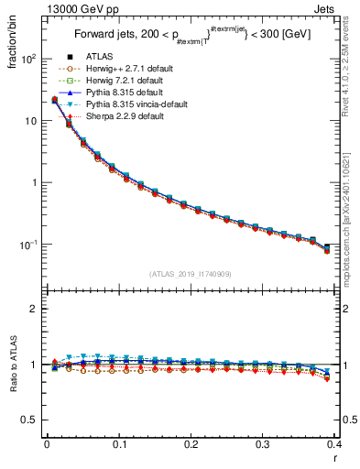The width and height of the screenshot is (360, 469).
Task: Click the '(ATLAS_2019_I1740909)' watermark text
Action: pos(190,274)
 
